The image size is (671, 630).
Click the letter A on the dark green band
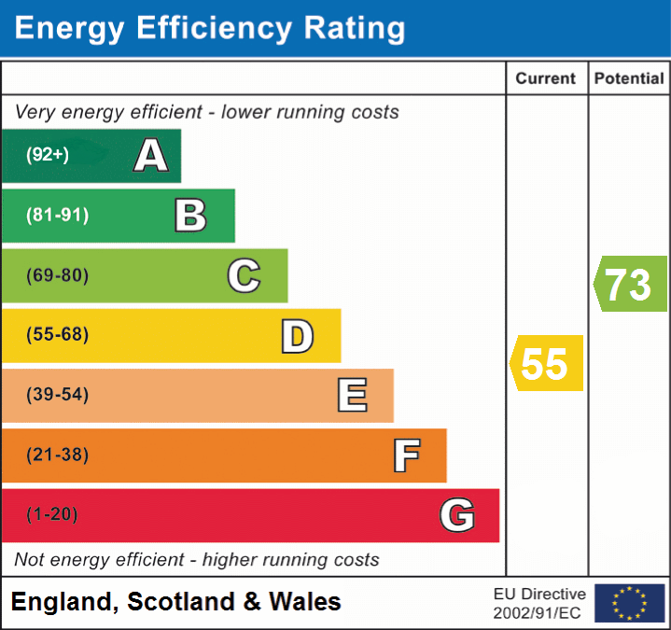(151, 156)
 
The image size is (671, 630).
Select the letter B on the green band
(190, 216)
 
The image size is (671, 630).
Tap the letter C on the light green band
(244, 275)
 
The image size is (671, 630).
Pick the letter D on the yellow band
(298, 336)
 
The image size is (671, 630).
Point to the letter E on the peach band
(352, 396)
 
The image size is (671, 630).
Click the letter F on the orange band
(406, 455)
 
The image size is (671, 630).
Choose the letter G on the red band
(457, 515)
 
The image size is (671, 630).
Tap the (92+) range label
(48, 155)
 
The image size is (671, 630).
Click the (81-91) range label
(57, 216)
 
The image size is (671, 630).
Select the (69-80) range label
(57, 275)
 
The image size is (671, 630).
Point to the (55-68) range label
(57, 335)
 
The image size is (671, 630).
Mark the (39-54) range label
(57, 395)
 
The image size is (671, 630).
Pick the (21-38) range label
(57, 455)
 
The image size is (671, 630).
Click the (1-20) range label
(52, 514)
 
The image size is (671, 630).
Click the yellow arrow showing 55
(547, 363)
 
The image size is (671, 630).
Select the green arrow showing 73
(631, 284)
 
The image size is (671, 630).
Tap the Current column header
(546, 79)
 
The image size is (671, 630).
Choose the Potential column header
(629, 79)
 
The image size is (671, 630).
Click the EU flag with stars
(629, 603)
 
